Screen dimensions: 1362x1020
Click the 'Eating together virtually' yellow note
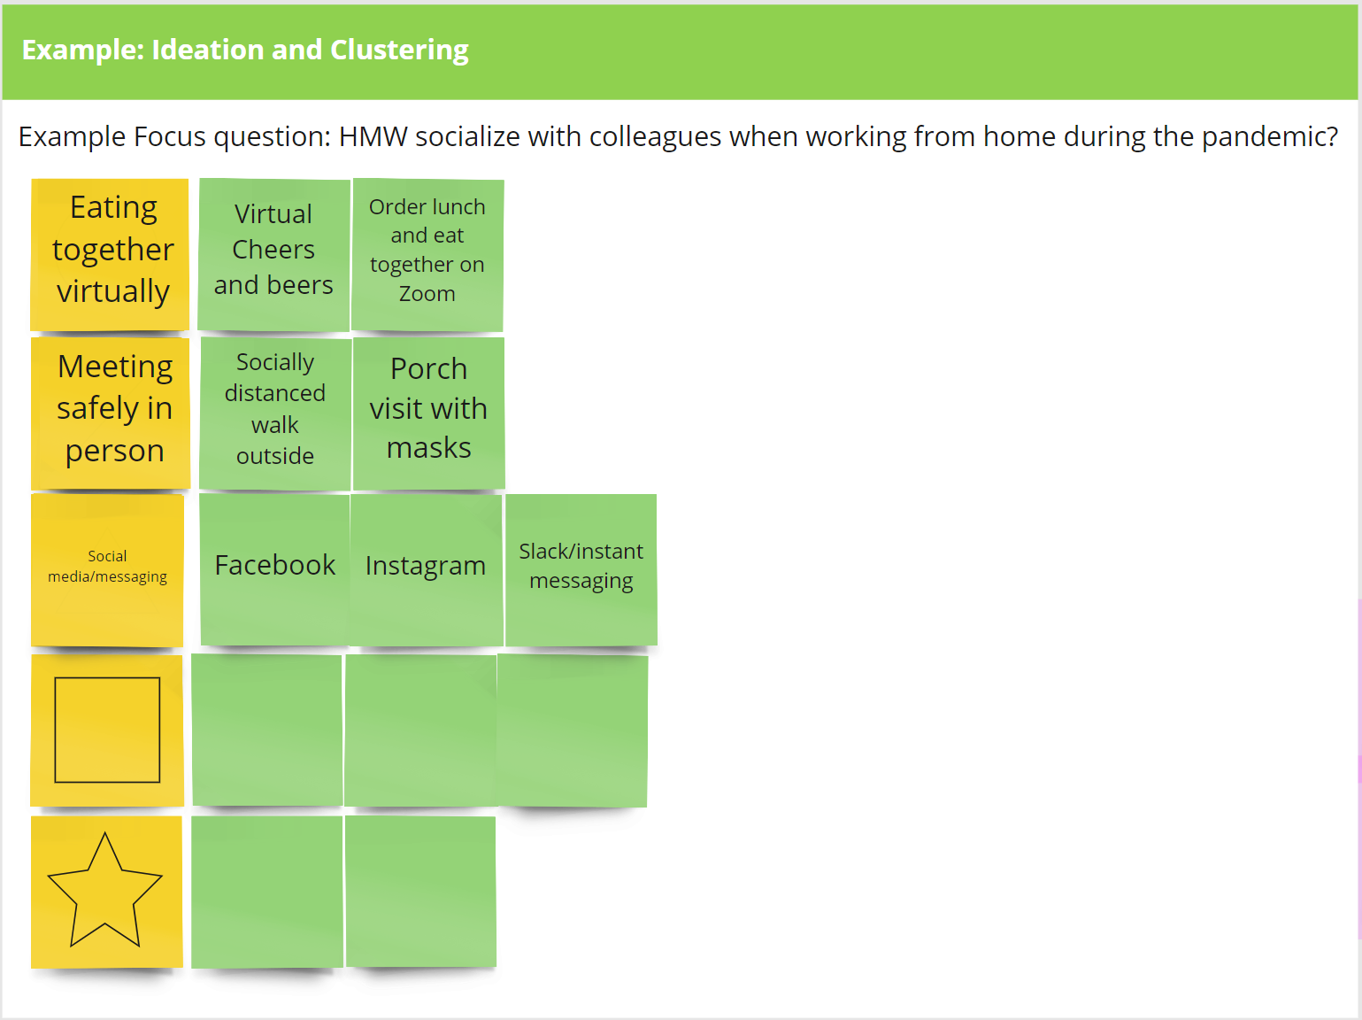[x=110, y=254]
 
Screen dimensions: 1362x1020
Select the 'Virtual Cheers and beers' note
[x=273, y=254]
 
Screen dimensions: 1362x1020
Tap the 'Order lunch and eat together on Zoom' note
[x=427, y=254]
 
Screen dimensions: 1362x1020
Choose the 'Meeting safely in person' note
[x=111, y=413]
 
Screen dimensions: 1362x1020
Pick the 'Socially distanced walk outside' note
[x=275, y=413]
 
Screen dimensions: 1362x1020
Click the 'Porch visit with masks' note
[x=428, y=413]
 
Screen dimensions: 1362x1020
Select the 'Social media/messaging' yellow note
[x=107, y=570]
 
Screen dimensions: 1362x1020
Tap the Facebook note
[x=275, y=570]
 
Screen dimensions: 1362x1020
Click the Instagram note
[x=427, y=570]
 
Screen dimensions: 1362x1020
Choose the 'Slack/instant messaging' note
[x=581, y=570]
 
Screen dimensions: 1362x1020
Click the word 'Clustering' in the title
[x=400, y=50]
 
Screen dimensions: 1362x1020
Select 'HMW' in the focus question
[x=373, y=136]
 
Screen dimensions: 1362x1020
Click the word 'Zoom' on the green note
[x=427, y=294]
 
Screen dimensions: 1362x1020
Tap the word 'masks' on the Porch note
[x=428, y=448]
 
